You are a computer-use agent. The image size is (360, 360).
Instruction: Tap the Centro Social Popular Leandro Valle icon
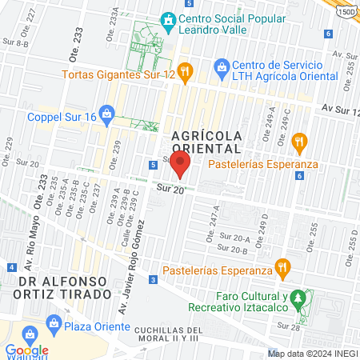pyautogui.click(x=168, y=19)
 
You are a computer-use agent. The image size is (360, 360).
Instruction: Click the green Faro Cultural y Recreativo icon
pyautogui.click(x=297, y=299)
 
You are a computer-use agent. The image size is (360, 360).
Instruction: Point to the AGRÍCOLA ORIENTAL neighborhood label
pyautogui.click(x=205, y=142)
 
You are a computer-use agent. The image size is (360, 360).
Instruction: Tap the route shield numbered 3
pyautogui.click(x=153, y=279)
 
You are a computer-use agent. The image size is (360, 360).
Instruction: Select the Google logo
pyautogui.click(x=26, y=350)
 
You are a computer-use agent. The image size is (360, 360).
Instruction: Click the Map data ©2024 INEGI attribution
pyautogui.click(x=312, y=354)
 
